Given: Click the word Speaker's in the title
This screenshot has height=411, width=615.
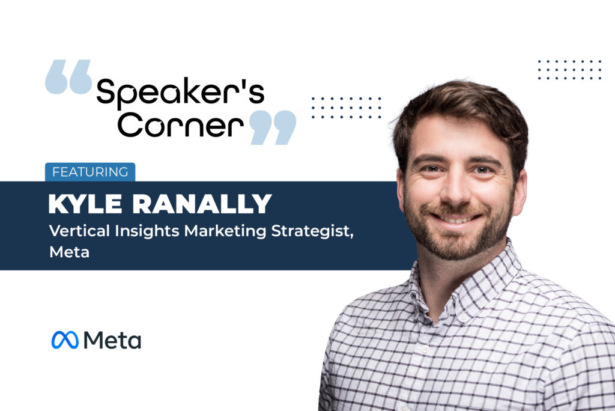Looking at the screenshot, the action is (180, 93).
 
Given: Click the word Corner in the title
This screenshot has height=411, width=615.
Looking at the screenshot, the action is (180, 125).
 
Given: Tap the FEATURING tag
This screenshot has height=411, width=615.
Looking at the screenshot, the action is (90, 172).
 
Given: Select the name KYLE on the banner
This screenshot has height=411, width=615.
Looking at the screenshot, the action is (85, 204).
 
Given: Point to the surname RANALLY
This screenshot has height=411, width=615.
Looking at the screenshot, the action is (202, 204).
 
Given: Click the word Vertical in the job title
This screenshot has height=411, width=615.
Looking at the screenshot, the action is (79, 230).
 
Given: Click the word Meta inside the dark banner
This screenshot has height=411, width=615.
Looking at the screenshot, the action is (70, 252).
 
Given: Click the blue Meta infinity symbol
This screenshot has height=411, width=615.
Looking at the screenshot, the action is (65, 340).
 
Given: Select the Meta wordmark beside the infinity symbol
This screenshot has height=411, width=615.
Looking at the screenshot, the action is (112, 340).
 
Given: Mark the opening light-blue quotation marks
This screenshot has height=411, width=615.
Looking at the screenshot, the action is (68, 77).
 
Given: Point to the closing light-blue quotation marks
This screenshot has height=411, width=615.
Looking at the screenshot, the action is (273, 127).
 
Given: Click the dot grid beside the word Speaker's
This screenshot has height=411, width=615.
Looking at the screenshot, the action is (347, 108).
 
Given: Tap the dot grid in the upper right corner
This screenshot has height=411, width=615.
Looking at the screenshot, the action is (569, 70).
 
